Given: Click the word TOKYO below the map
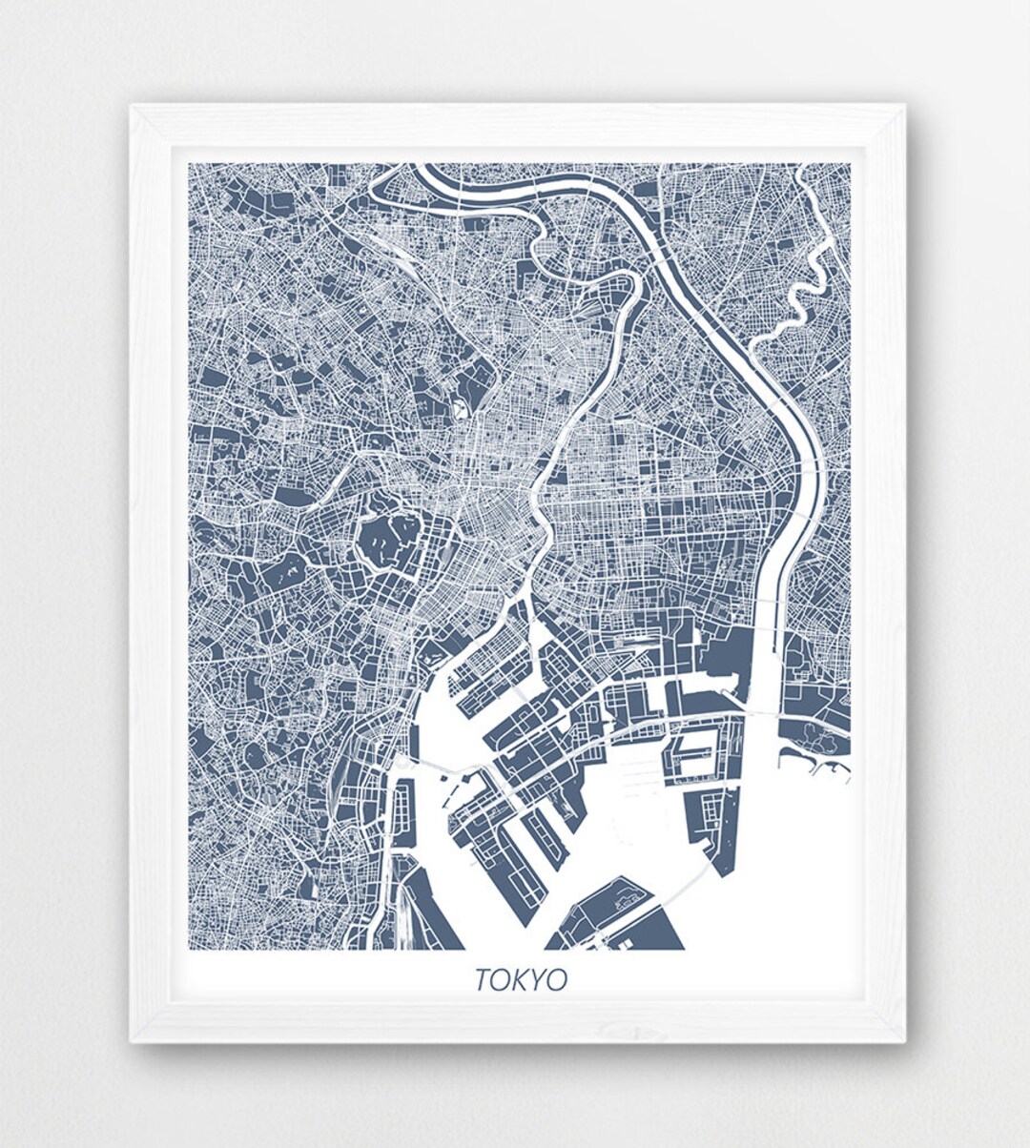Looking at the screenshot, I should pyautogui.click(x=521, y=979).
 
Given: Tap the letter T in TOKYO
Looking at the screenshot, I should pyautogui.click(x=483, y=979).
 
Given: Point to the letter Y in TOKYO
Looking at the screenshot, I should pyautogui.click(x=540, y=979).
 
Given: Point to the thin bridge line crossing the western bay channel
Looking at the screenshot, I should pyautogui.click(x=439, y=763).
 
